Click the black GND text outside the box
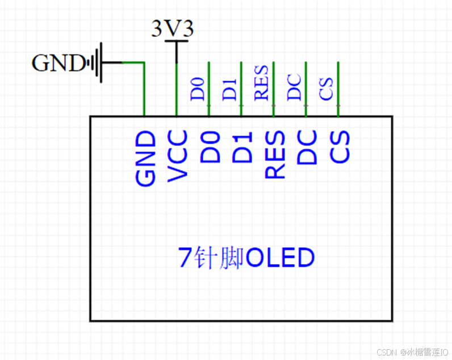point(58,63)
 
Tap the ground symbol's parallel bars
point(98,62)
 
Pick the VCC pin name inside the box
point(178,156)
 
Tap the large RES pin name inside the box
point(275,154)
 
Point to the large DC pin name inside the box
point(307,148)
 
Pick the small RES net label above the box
point(262,83)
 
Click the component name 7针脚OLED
point(246,258)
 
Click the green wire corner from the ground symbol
point(144,63)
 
